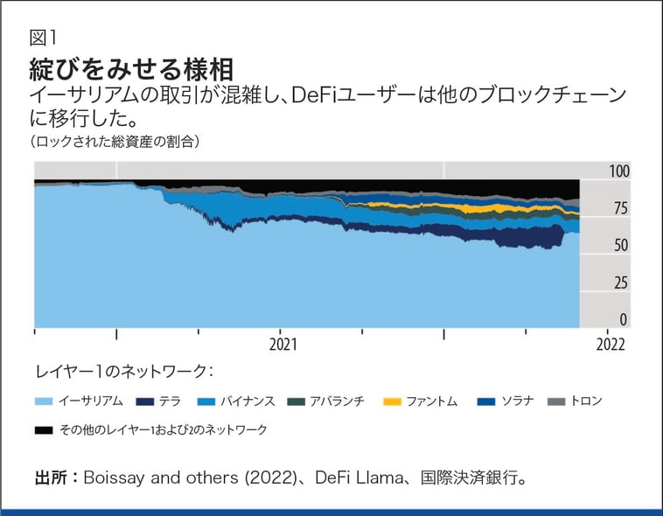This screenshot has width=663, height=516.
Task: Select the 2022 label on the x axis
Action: click(610, 344)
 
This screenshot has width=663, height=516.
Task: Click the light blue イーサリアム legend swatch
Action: click(45, 401)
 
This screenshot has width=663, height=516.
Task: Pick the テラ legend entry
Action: click(157, 401)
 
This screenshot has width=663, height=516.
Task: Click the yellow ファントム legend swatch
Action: click(393, 401)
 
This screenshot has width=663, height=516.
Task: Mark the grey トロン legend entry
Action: click(585, 401)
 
